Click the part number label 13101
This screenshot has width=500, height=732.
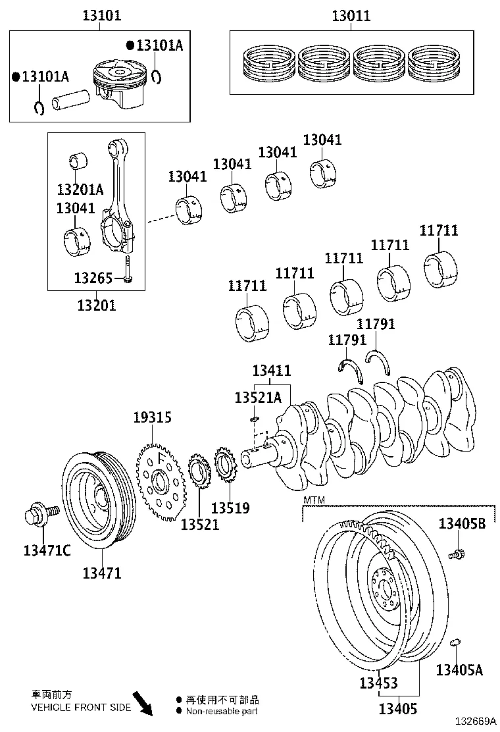[101, 15]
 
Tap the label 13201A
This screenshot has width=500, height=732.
[80, 190]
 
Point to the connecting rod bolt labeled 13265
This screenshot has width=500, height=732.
[128, 271]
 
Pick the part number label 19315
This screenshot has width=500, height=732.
[152, 417]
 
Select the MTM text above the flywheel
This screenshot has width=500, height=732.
[314, 501]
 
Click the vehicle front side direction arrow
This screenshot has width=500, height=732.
[141, 703]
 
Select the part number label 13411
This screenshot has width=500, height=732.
[271, 371]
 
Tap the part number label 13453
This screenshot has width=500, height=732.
[378, 683]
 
